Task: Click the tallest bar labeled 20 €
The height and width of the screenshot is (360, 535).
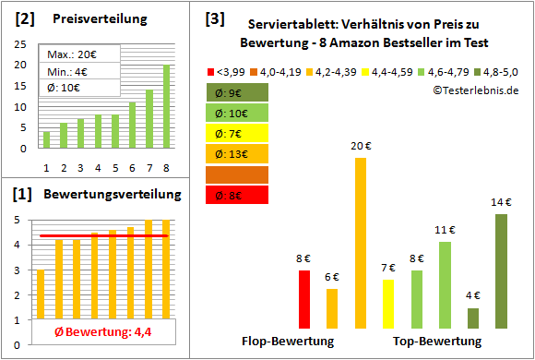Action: tap(360, 243)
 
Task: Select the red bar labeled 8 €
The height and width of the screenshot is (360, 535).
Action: tap(304, 299)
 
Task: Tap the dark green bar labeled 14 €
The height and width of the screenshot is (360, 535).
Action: tap(501, 270)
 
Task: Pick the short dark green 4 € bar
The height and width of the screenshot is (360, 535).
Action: tap(473, 318)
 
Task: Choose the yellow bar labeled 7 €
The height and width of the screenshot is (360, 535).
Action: tap(387, 304)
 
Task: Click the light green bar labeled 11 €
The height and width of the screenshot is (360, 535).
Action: tap(445, 284)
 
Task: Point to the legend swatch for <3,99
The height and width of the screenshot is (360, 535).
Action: tap(211, 70)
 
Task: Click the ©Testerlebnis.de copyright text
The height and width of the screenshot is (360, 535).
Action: tap(475, 90)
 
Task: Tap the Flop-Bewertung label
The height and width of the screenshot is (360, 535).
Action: tap(288, 341)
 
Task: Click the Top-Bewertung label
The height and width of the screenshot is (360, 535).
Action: tap(437, 341)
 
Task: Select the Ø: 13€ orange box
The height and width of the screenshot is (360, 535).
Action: tap(238, 153)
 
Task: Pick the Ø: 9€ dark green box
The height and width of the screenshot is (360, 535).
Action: tap(238, 92)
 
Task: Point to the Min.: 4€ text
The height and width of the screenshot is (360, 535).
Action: tap(68, 71)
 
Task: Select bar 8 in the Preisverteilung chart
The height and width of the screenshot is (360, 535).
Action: tap(166, 106)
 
